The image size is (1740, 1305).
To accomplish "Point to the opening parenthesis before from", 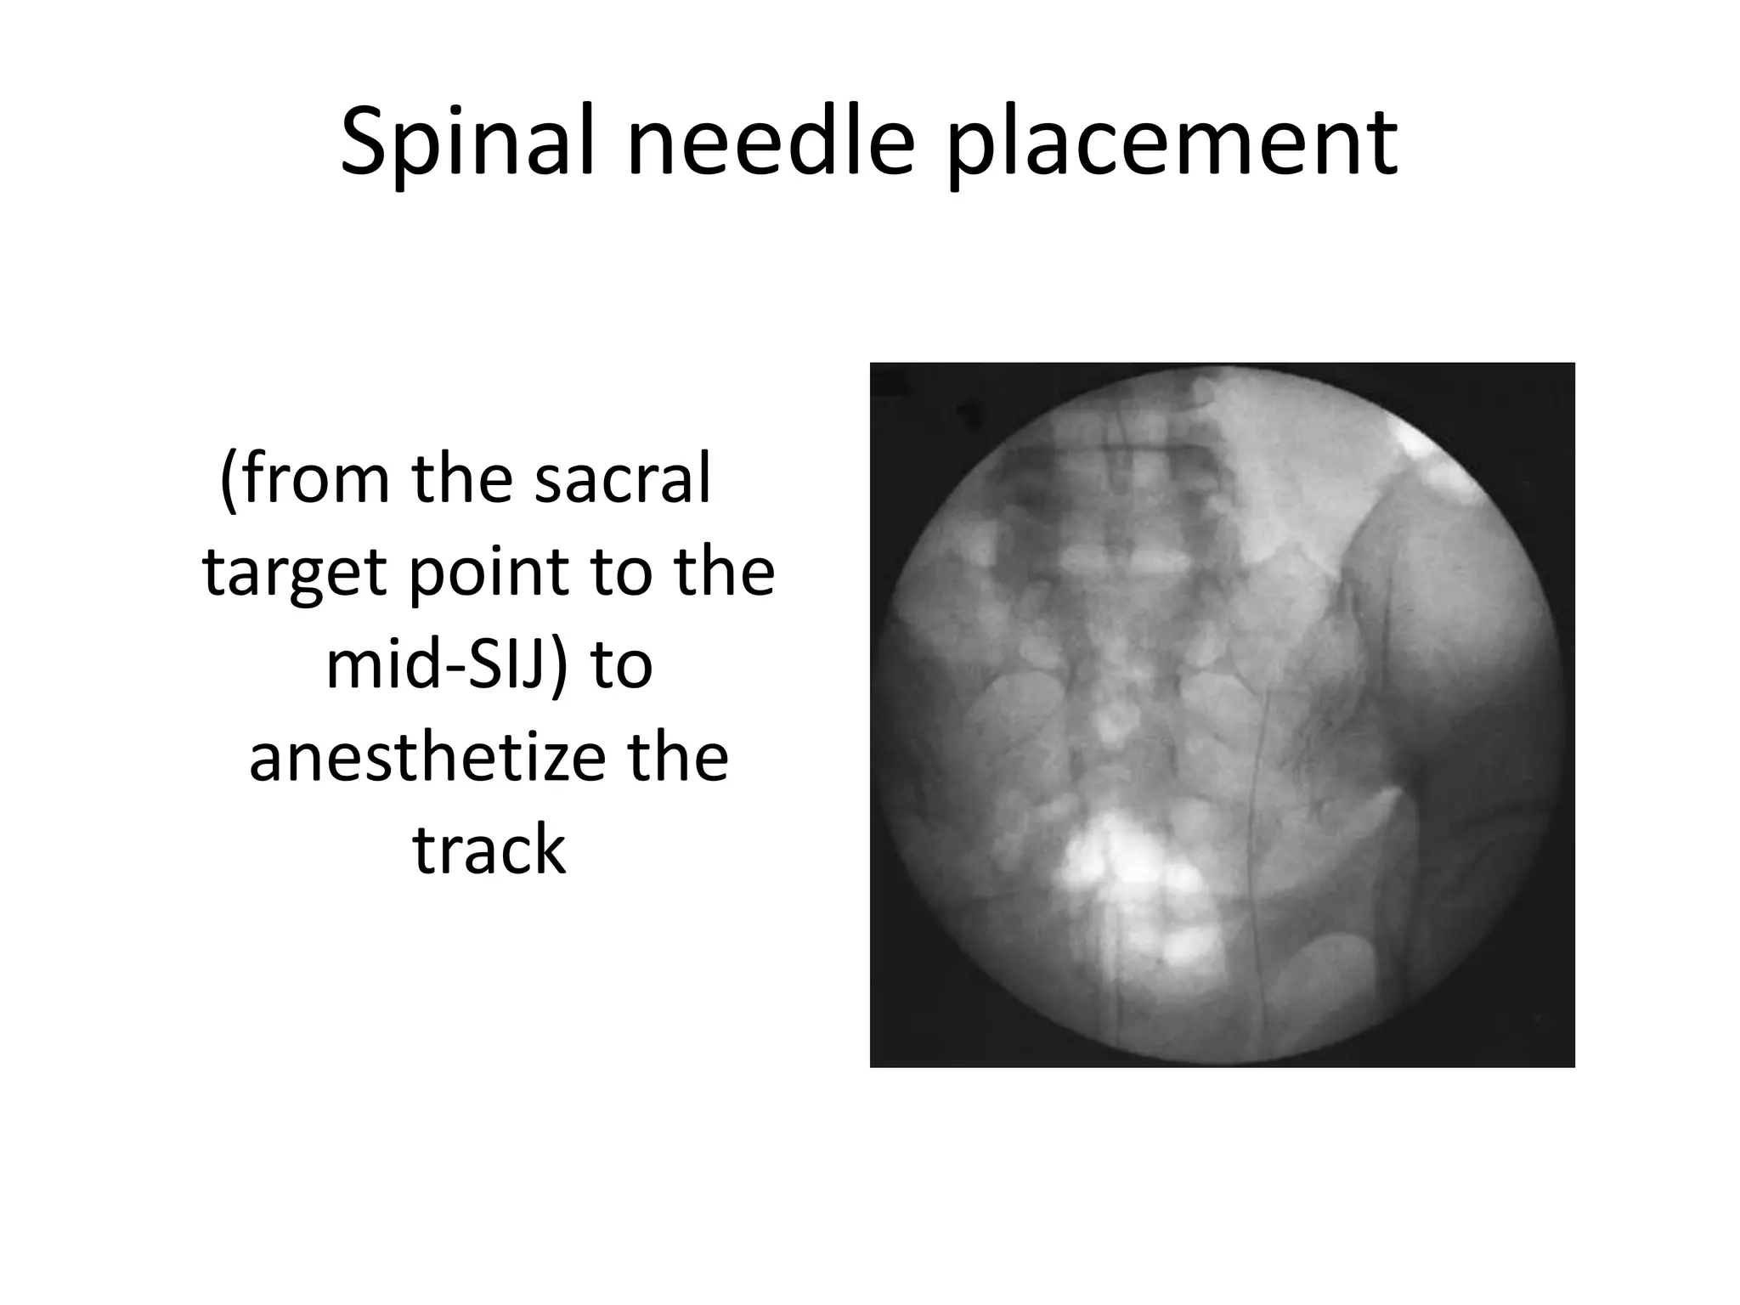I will click(x=227, y=480).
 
